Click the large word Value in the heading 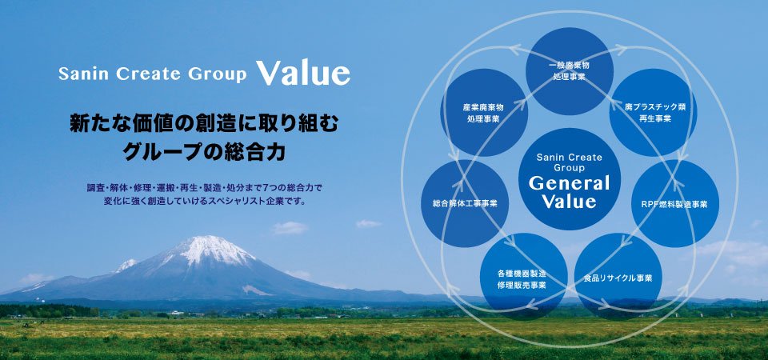303,73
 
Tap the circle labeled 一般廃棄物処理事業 569,71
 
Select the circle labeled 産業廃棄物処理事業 484,113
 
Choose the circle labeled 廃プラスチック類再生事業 654,113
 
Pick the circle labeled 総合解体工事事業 465,203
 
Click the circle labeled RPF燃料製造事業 675,203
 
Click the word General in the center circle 569,184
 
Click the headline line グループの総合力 204,152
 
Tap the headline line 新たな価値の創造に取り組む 204,124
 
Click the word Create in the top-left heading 142,74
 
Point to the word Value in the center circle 569,202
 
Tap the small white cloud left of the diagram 368,224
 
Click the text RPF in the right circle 650,204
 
